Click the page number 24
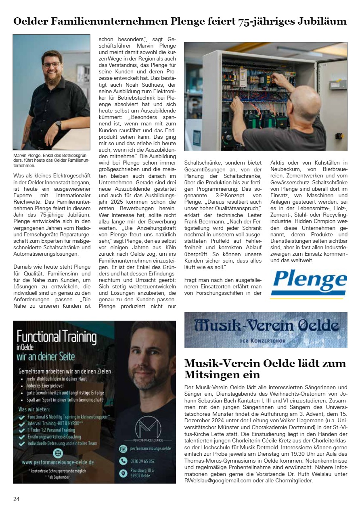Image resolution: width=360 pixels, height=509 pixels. pyautogui.click(x=17, y=499)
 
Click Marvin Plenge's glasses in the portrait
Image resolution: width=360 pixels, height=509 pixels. pyautogui.click(x=52, y=64)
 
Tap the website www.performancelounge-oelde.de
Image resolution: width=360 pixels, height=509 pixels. pyautogui.click(x=58, y=462)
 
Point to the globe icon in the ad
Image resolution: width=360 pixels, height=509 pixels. pyautogui.click(x=58, y=453)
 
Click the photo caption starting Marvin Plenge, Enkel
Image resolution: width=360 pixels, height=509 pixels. pyautogui.click(x=50, y=160)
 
